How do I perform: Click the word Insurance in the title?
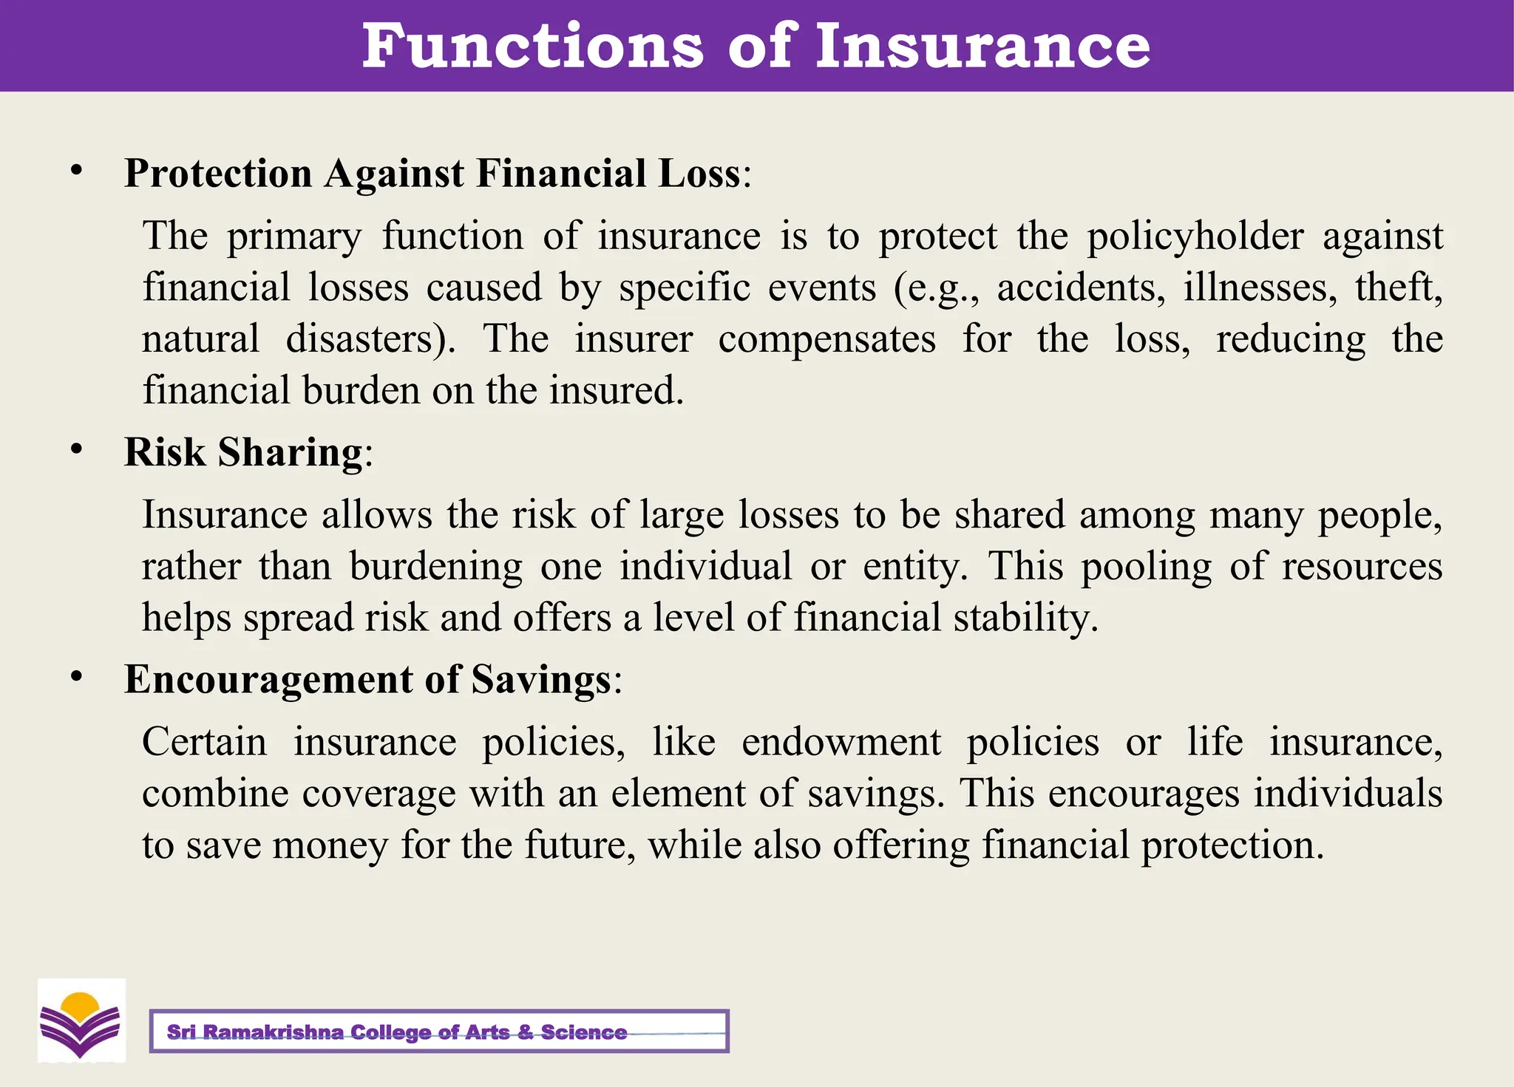pyautogui.click(x=982, y=46)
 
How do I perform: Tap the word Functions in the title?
pyautogui.click(x=532, y=46)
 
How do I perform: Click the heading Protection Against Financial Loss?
pyautogui.click(x=432, y=174)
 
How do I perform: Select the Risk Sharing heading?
pyautogui.click(x=243, y=452)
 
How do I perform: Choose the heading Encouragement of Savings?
pyautogui.click(x=367, y=679)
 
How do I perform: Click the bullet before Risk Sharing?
pyautogui.click(x=76, y=450)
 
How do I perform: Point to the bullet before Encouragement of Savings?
pyautogui.click(x=76, y=677)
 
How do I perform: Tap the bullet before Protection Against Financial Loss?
pyautogui.click(x=76, y=171)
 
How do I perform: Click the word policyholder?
pyautogui.click(x=1195, y=237)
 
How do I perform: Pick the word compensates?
pyautogui.click(x=826, y=339)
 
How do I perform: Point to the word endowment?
pyautogui.click(x=841, y=742)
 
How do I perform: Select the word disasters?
pyautogui.click(x=370, y=339)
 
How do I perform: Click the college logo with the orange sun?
pyautogui.click(x=81, y=1021)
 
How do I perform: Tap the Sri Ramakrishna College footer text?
pyautogui.click(x=396, y=1032)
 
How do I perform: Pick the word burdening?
pyautogui.click(x=435, y=567)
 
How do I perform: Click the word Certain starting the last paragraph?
pyautogui.click(x=204, y=742)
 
